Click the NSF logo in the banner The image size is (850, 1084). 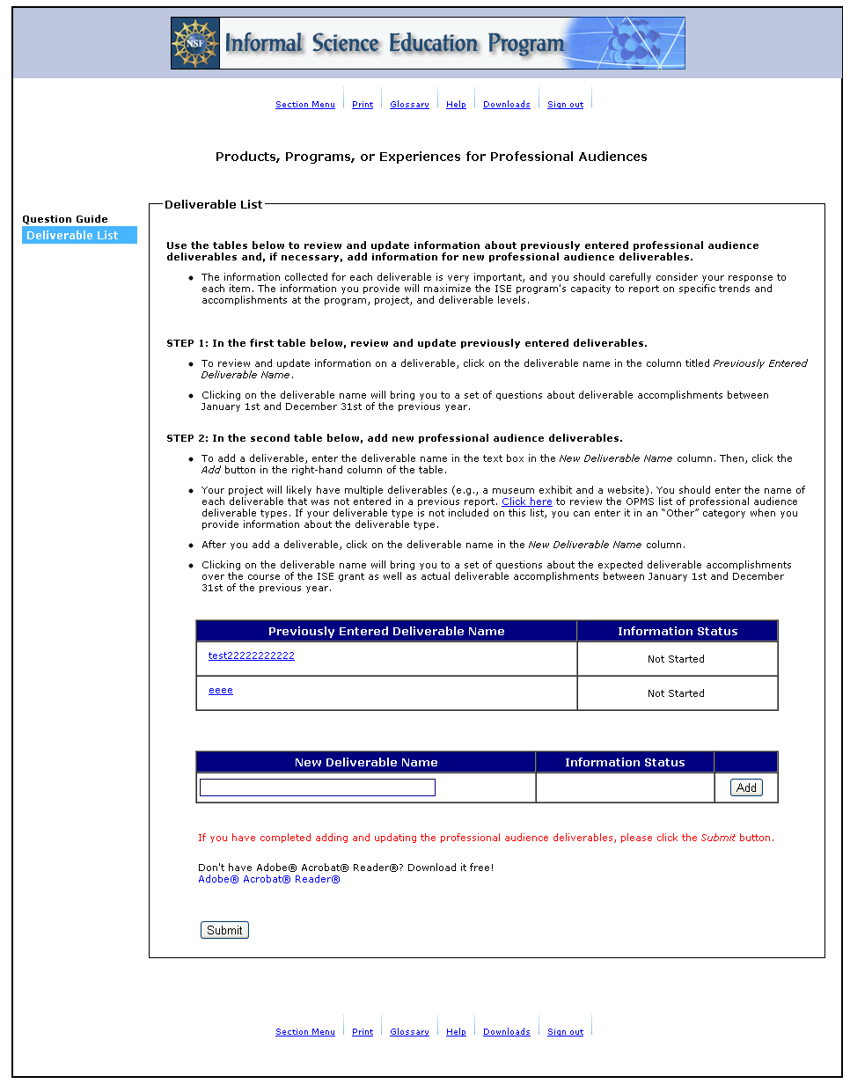[195, 43]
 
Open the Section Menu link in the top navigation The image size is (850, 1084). [304, 105]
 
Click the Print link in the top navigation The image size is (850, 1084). [363, 105]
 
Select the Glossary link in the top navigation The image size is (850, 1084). [409, 105]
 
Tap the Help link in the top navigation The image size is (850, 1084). [456, 105]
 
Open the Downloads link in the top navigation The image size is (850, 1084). [506, 105]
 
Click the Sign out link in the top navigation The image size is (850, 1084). [565, 105]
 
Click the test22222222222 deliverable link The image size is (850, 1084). [251, 656]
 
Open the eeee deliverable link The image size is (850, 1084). [221, 690]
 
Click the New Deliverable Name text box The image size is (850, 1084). [317, 787]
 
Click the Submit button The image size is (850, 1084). [224, 930]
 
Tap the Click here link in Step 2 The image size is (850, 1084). [527, 502]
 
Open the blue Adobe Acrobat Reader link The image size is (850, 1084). [268, 879]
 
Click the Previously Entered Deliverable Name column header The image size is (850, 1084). [386, 631]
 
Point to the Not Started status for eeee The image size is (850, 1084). [676, 693]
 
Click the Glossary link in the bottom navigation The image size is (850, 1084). [409, 1032]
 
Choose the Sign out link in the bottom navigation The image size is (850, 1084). [565, 1032]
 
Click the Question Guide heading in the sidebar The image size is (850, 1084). [65, 219]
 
